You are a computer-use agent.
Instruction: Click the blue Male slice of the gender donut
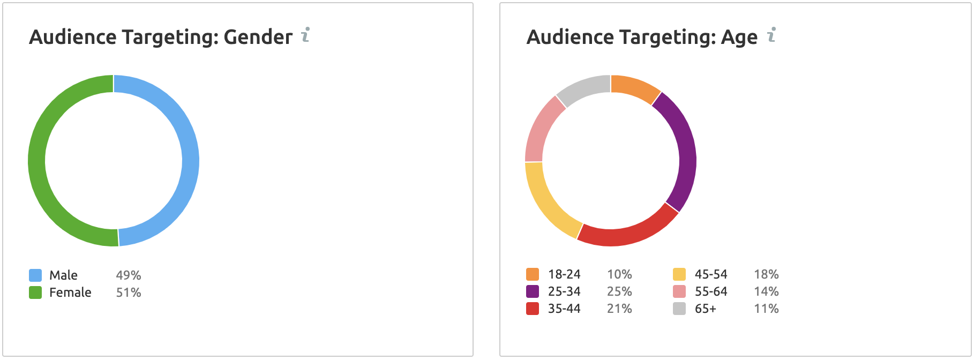[190, 161]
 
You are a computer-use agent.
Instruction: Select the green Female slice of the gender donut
[36, 161]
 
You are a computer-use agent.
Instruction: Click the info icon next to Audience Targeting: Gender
[305, 35]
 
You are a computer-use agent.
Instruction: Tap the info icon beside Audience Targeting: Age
[771, 35]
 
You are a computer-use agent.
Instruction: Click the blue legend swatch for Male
[35, 275]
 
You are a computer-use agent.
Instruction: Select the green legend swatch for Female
[35, 292]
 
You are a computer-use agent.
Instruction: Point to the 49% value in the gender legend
[129, 275]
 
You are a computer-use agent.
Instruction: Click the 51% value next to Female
[129, 292]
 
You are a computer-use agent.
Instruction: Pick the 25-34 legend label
[564, 291]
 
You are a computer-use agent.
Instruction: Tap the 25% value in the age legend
[619, 291]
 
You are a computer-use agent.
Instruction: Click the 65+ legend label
[706, 309]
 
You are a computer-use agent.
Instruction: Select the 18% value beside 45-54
[766, 274]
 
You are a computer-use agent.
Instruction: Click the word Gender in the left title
[258, 37]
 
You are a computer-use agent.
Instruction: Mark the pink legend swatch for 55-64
[679, 291]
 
